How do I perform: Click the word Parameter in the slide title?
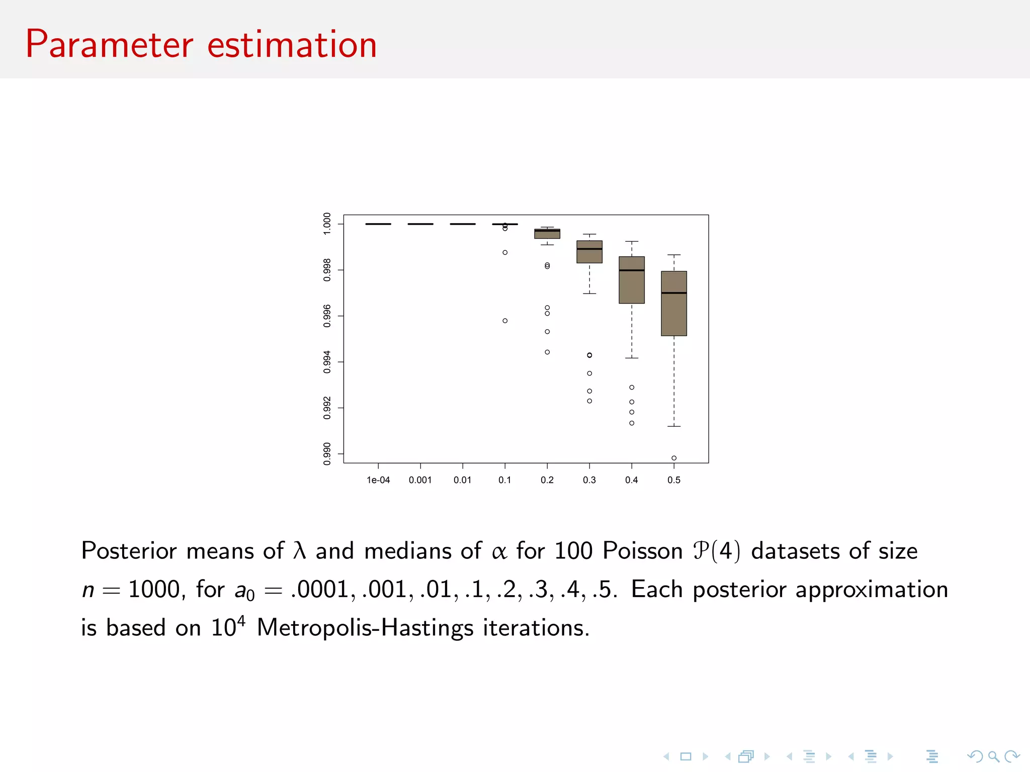pos(109,45)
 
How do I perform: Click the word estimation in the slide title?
pos(292,45)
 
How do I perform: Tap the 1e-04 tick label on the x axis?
pos(378,480)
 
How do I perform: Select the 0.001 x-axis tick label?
pos(420,480)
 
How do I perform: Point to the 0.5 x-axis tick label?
pos(674,480)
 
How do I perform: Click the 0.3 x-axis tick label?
pos(589,480)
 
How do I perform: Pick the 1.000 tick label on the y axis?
pos(327,224)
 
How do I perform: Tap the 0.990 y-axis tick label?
pos(327,454)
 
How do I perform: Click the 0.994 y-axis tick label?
pos(327,362)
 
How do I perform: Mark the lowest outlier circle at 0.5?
pos(674,458)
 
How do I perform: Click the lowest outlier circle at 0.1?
pos(505,321)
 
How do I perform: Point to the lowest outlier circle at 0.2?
pos(547,352)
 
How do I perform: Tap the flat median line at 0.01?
pos(463,224)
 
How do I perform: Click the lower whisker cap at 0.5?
pos(674,426)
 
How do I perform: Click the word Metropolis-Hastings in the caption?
pos(365,628)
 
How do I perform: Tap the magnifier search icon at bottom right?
pos(993,756)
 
